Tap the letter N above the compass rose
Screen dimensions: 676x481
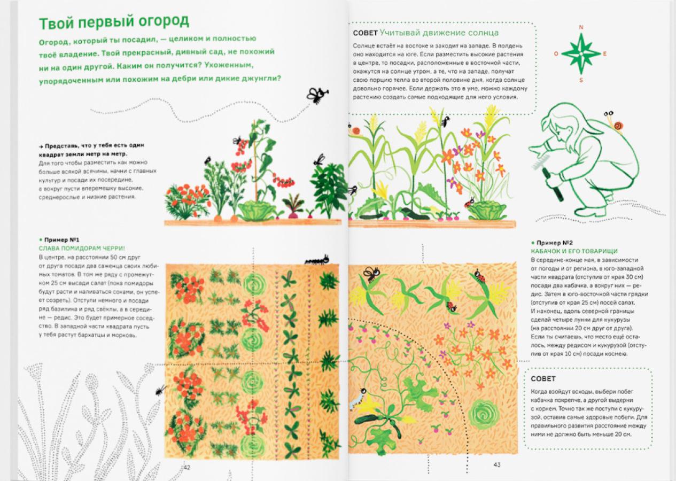pyautogui.click(x=581, y=27)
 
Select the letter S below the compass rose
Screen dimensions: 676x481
pyautogui.click(x=581, y=80)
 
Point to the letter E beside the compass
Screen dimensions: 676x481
pyautogui.click(x=605, y=54)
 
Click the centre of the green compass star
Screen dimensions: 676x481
pyautogui.click(x=581, y=54)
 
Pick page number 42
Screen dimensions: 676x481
pyautogui.click(x=187, y=468)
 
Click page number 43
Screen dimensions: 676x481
pyautogui.click(x=497, y=464)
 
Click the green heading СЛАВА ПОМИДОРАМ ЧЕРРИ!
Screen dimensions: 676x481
pyautogui.click(x=82, y=249)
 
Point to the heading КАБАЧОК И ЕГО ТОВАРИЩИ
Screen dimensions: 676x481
pyautogui.click(x=574, y=251)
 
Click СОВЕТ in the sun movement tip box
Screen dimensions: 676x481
pyautogui.click(x=365, y=33)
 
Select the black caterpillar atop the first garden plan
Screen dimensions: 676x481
pyautogui.click(x=317, y=260)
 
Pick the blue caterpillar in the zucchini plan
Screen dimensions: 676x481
pyautogui.click(x=356, y=399)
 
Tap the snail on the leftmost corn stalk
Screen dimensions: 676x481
pyautogui.click(x=355, y=130)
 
